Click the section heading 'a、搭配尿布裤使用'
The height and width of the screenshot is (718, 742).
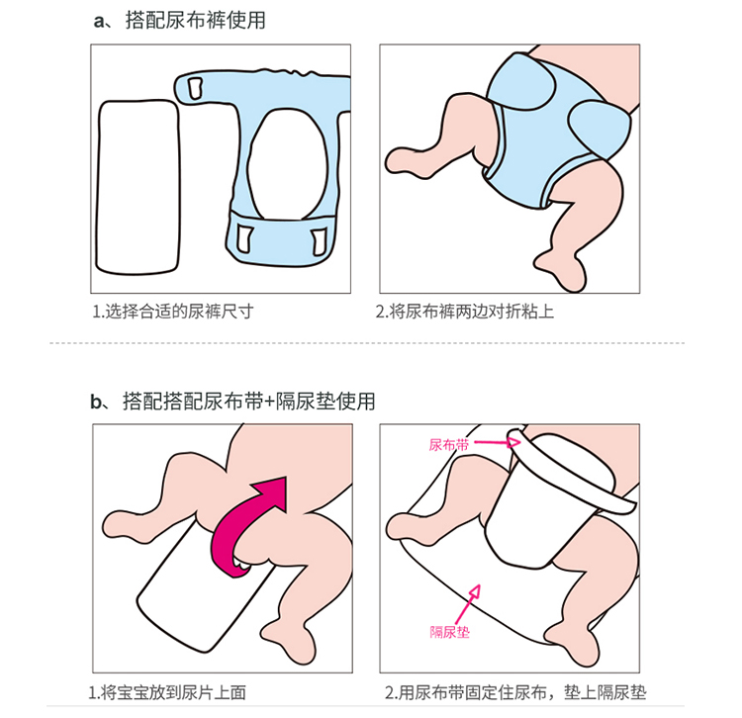tap(179, 21)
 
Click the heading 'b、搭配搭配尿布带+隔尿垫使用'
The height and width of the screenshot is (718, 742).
tap(232, 402)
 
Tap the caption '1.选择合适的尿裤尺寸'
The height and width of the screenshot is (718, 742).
tap(173, 312)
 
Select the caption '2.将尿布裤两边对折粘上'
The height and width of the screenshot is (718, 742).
tap(465, 312)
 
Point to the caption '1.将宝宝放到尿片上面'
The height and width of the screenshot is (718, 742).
tap(167, 692)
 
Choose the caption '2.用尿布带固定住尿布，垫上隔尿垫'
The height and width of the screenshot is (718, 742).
tap(515, 692)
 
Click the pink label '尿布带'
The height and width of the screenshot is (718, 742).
tap(449, 445)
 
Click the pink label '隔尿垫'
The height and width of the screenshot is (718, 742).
tap(449, 631)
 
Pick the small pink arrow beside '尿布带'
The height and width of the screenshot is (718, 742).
tap(498, 442)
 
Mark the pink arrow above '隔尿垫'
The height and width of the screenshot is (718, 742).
tap(469, 604)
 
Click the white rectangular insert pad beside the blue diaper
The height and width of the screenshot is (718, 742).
tap(138, 187)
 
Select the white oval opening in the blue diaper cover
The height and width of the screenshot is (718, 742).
tap(287, 164)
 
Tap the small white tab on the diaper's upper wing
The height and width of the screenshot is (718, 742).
tap(195, 88)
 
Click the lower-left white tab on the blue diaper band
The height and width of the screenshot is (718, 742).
tap(244, 239)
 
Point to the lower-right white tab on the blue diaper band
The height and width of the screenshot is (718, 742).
tap(319, 240)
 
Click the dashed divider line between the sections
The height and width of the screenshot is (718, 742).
tap(367, 343)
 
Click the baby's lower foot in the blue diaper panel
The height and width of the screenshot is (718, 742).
tap(562, 270)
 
